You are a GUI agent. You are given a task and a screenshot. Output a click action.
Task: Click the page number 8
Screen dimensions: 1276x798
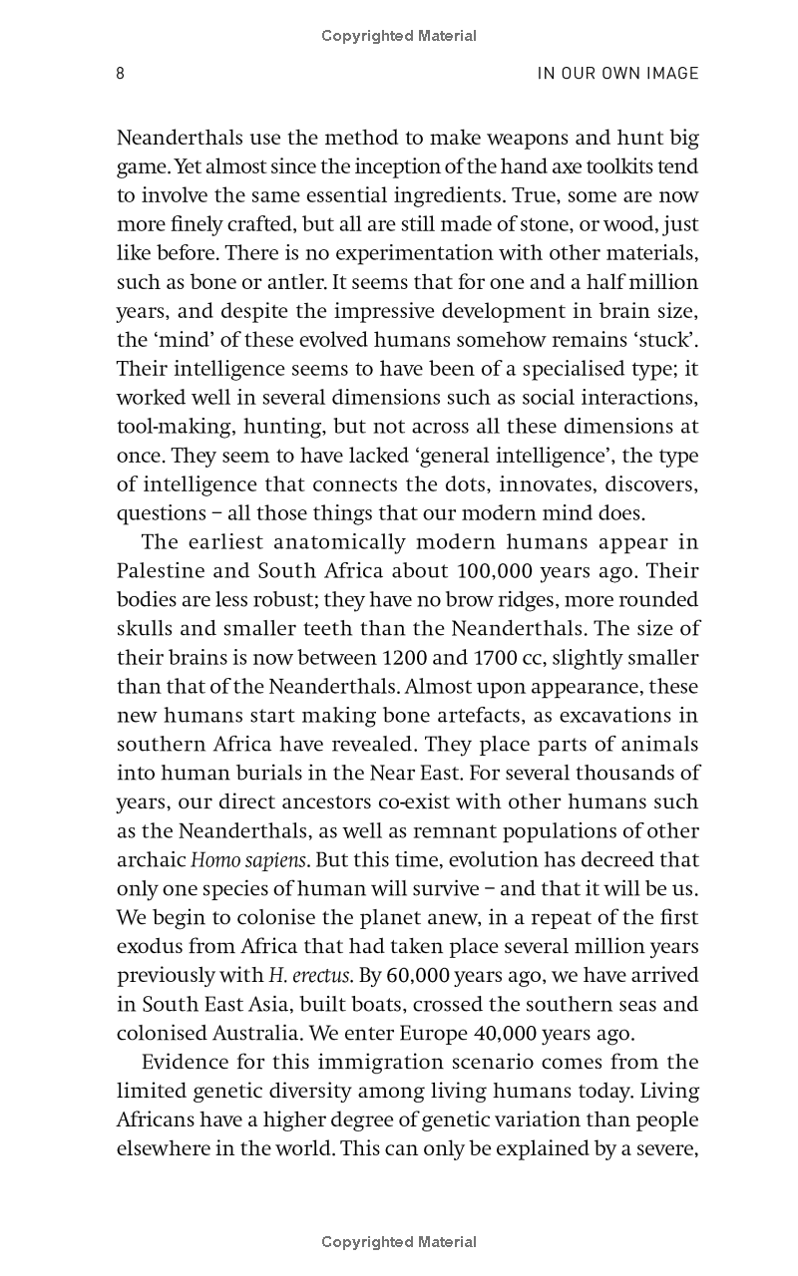coord(121,74)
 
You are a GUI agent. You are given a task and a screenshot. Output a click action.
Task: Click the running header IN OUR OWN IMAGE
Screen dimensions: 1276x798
coord(617,74)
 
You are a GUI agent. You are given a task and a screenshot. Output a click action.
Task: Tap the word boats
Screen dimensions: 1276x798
coord(373,1005)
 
